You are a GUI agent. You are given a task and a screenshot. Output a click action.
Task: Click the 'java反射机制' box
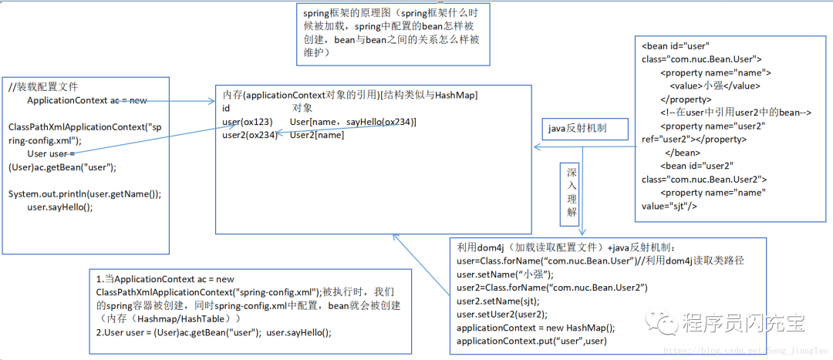(x=585, y=128)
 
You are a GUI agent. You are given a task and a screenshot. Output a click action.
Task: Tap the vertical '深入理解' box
(x=571, y=193)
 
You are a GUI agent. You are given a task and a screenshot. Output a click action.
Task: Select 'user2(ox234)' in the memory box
(x=249, y=136)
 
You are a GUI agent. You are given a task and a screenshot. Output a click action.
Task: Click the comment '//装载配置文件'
(x=44, y=86)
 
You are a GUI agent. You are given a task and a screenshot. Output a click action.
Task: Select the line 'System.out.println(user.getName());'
(x=85, y=193)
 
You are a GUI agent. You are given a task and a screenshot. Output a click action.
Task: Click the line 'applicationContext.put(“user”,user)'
(x=531, y=341)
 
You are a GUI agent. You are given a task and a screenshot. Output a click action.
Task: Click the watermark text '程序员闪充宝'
(x=744, y=322)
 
